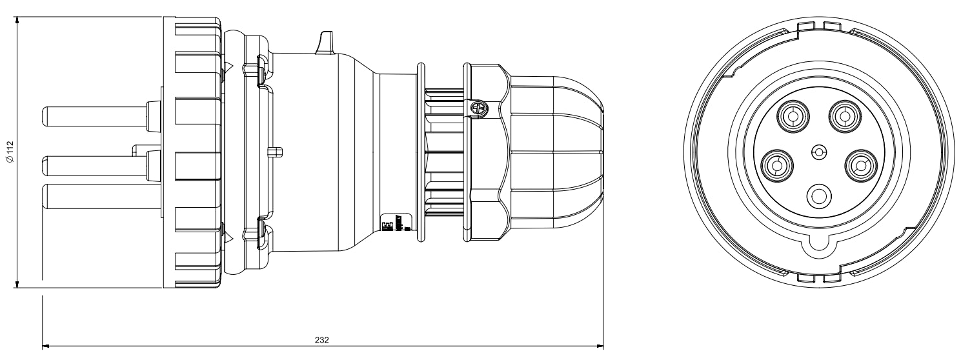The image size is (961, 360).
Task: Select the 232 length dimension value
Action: click(x=322, y=339)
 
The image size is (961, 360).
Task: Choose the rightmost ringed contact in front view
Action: click(x=860, y=166)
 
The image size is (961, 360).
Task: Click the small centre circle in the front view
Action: click(x=818, y=152)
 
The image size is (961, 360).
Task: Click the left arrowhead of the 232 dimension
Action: click(x=46, y=346)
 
